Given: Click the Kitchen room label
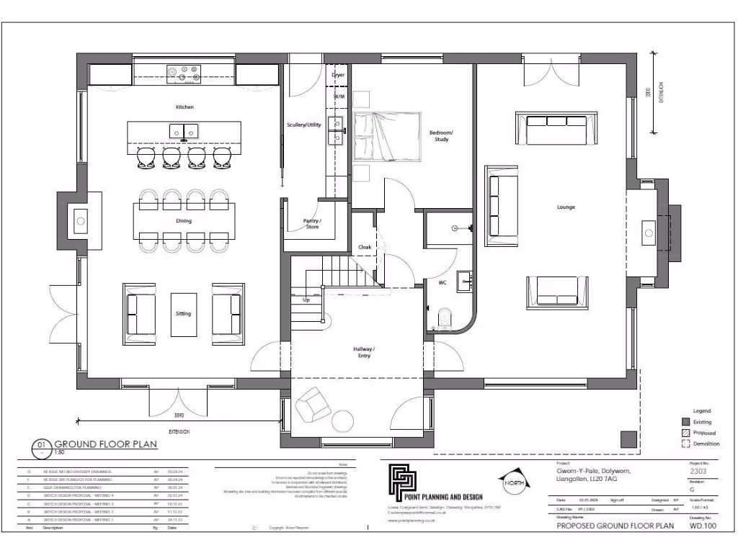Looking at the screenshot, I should point(184,107).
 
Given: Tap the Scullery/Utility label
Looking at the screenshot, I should point(303,125).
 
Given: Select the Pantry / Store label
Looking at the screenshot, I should point(313,224).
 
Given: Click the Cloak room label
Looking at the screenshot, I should point(365,247).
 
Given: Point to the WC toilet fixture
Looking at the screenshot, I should point(445,315).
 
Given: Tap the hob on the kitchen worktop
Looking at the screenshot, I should point(184,73).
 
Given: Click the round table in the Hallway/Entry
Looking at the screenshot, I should point(342,421).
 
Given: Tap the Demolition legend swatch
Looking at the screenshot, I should point(685,444).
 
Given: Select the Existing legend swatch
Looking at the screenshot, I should point(685,422).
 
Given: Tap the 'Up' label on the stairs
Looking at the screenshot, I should point(306,300).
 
